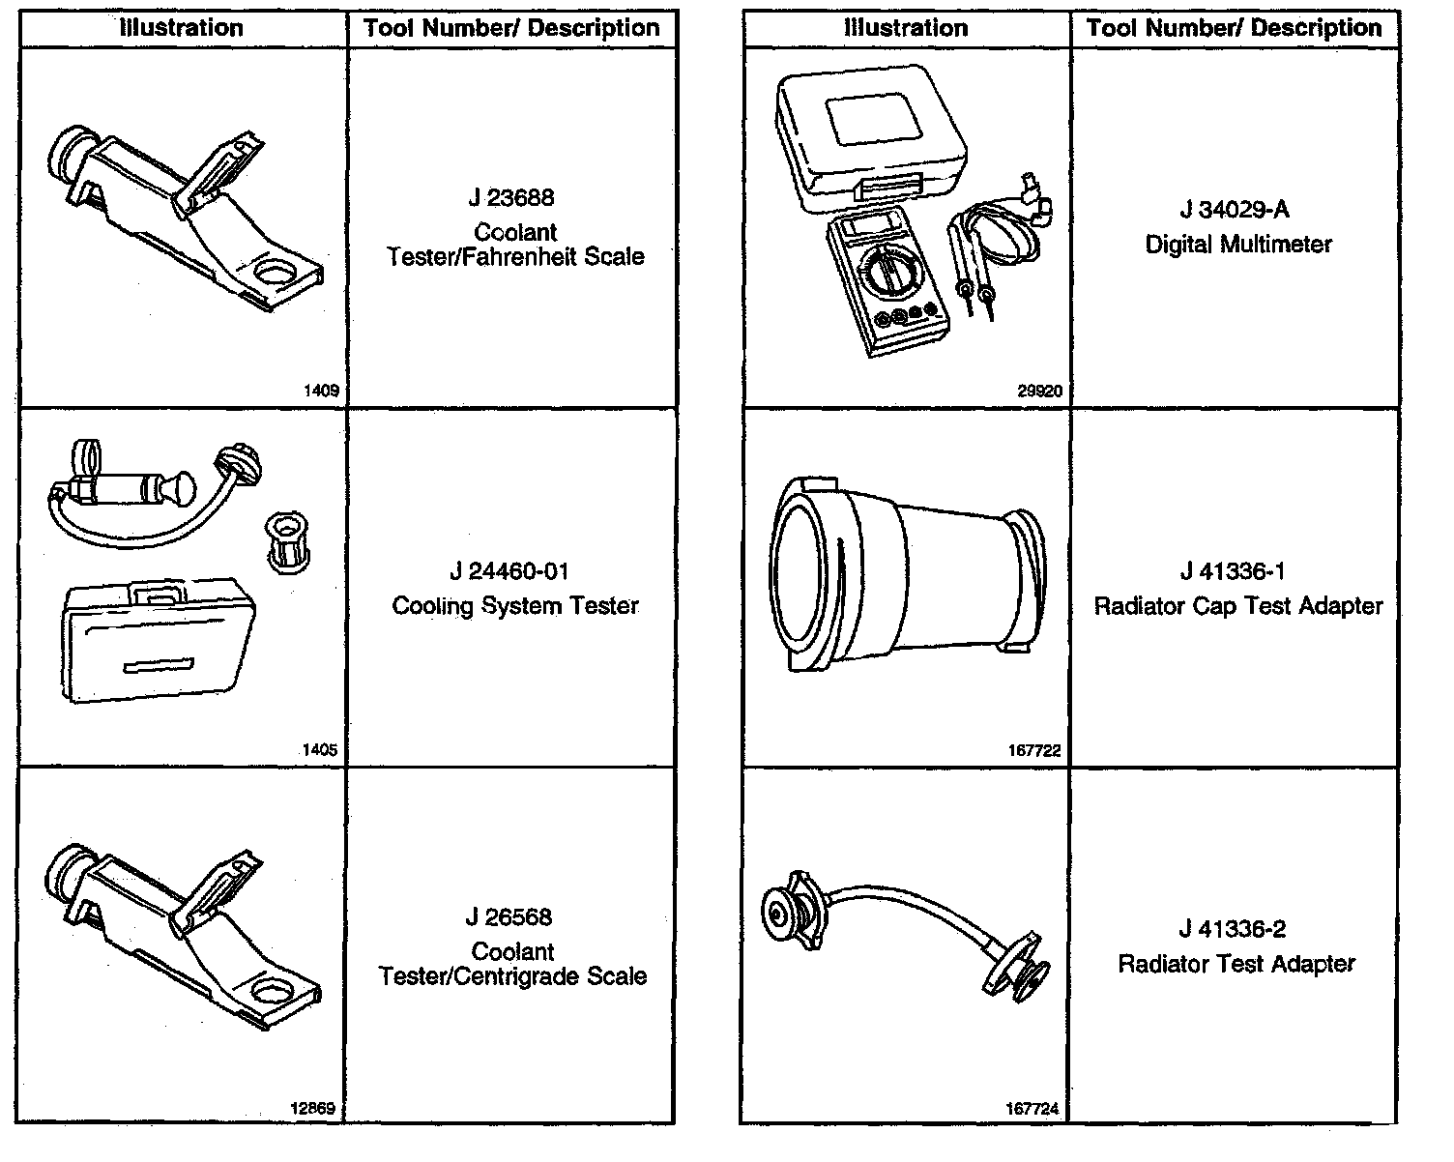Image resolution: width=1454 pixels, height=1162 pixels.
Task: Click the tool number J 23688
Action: click(x=511, y=198)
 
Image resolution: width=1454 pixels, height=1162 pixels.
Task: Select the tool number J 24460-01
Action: click(x=509, y=571)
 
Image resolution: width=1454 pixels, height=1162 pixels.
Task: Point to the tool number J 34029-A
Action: click(x=1235, y=210)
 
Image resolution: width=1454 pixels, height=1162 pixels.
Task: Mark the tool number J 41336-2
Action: click(x=1233, y=929)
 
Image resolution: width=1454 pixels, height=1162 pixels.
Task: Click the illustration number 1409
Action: click(x=321, y=392)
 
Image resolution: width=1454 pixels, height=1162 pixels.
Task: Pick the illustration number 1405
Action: click(x=321, y=750)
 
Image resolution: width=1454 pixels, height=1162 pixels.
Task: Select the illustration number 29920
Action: click(x=1040, y=392)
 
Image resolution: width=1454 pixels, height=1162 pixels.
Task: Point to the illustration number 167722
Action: click(x=1034, y=750)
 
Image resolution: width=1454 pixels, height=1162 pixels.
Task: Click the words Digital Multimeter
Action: click(x=1238, y=245)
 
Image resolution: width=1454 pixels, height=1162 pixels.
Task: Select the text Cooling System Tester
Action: click(x=515, y=606)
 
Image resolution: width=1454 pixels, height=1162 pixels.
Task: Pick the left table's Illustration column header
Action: click(x=182, y=28)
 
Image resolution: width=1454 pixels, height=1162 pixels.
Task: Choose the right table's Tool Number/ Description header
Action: click(x=1235, y=28)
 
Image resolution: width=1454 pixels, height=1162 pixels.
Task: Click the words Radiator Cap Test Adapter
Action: click(x=1238, y=606)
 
